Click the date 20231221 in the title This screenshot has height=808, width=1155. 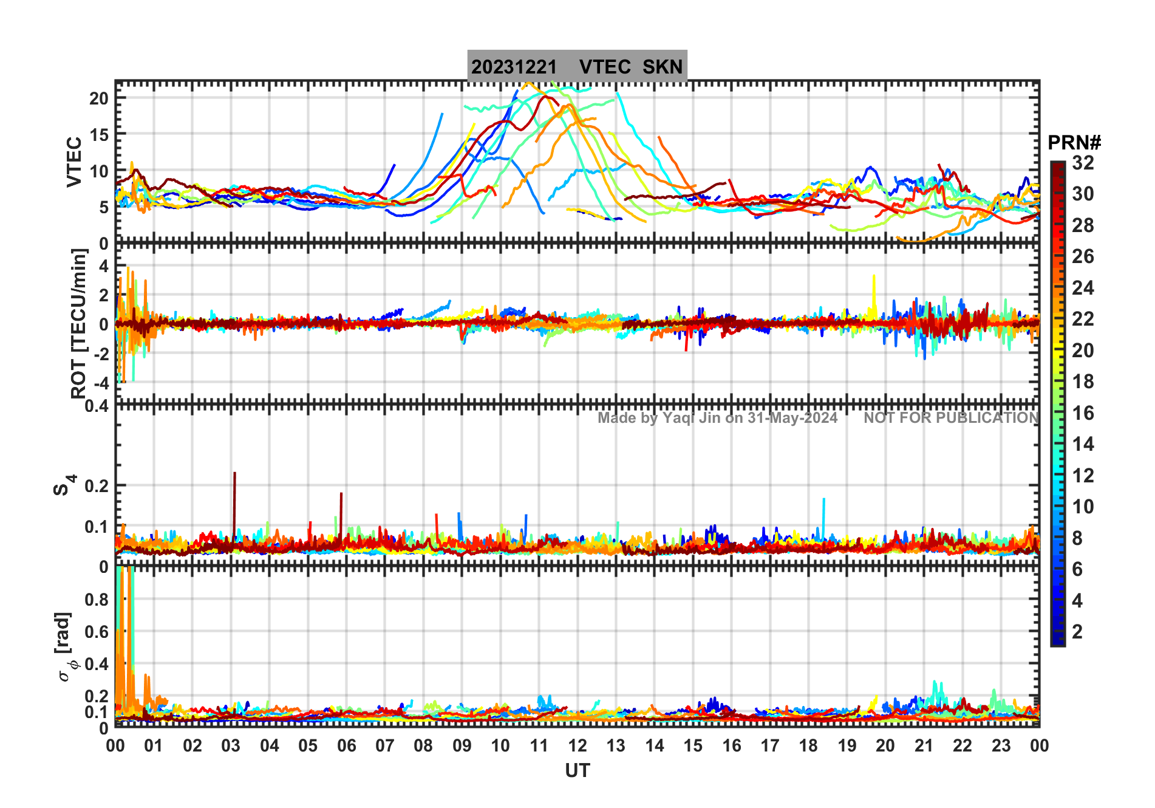pyautogui.click(x=514, y=67)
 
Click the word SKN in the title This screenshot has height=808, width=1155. pyautogui.click(x=663, y=67)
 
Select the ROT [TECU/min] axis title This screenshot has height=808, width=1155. pyautogui.click(x=79, y=323)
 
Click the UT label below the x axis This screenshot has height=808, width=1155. pyautogui.click(x=577, y=771)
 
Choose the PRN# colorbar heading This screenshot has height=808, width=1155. pyautogui.click(x=1074, y=143)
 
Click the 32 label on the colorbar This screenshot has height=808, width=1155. pyautogui.click(x=1083, y=163)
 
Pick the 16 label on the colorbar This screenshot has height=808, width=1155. pyautogui.click(x=1083, y=413)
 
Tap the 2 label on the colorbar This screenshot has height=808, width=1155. pyautogui.click(x=1077, y=632)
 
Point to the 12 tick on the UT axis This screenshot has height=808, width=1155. pyautogui.click(x=577, y=746)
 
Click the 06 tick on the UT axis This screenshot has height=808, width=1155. pyautogui.click(x=346, y=746)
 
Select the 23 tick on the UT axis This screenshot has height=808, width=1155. pyautogui.click(x=1001, y=746)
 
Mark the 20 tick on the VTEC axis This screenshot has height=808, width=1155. pyautogui.click(x=99, y=98)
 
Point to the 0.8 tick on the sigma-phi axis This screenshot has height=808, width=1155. pyautogui.click(x=97, y=600)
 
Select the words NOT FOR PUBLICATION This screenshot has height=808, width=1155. pyautogui.click(x=951, y=418)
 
